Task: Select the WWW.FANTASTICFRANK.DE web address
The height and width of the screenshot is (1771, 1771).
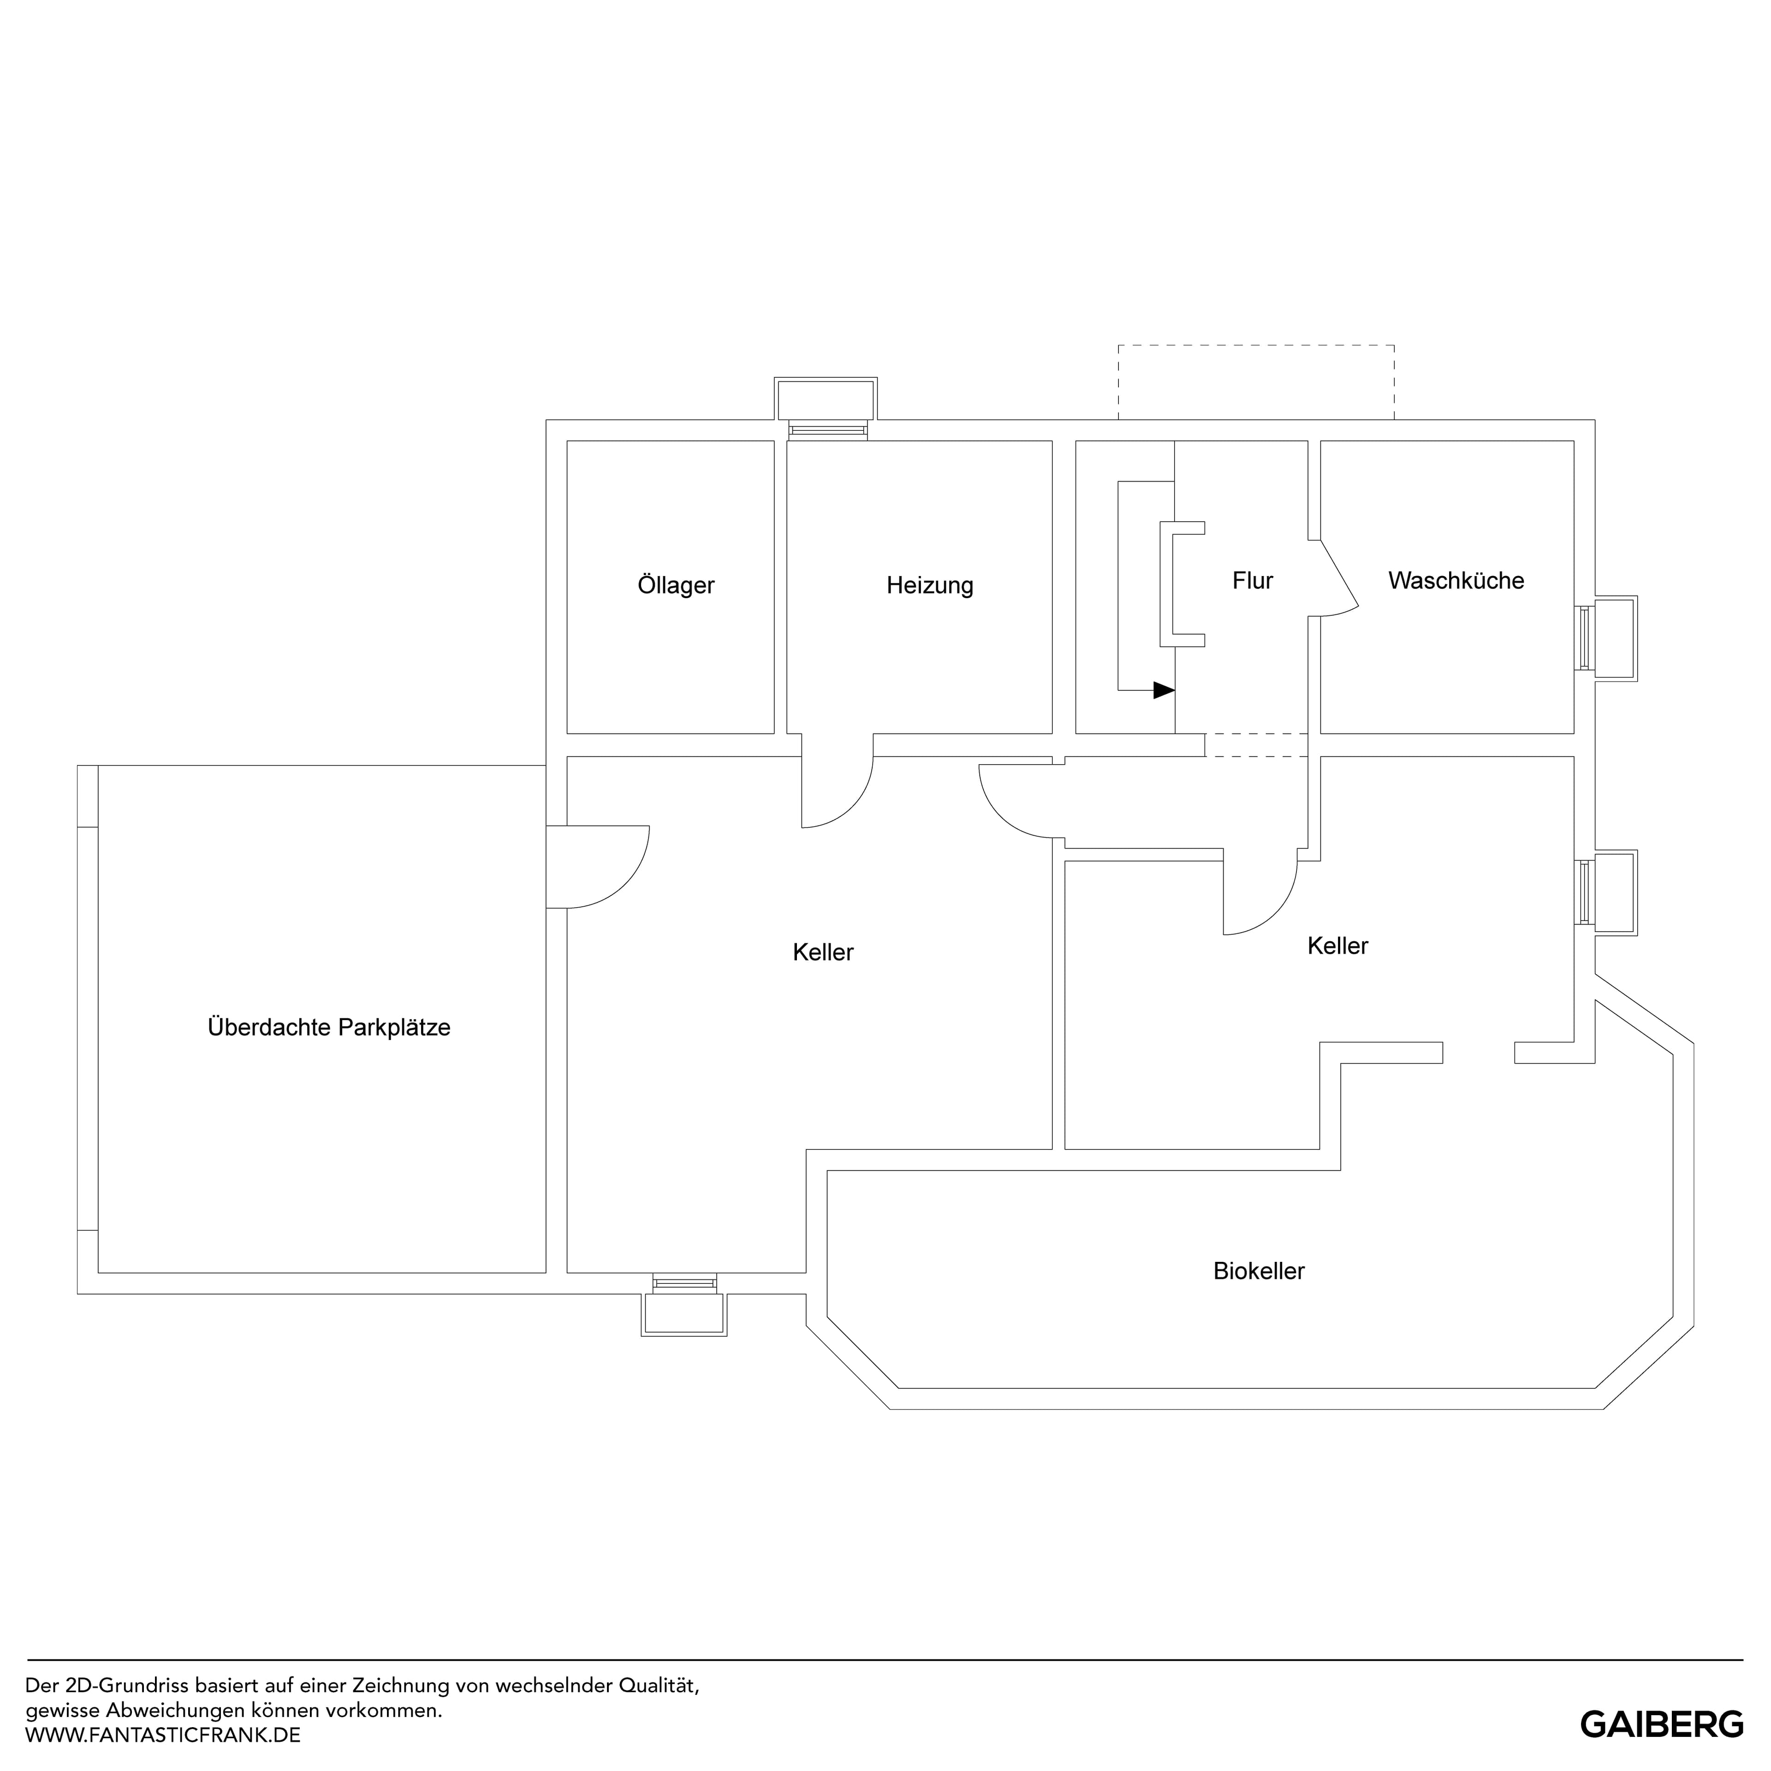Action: pos(163,1735)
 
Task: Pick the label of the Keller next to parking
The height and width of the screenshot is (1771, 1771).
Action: pos(823,952)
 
